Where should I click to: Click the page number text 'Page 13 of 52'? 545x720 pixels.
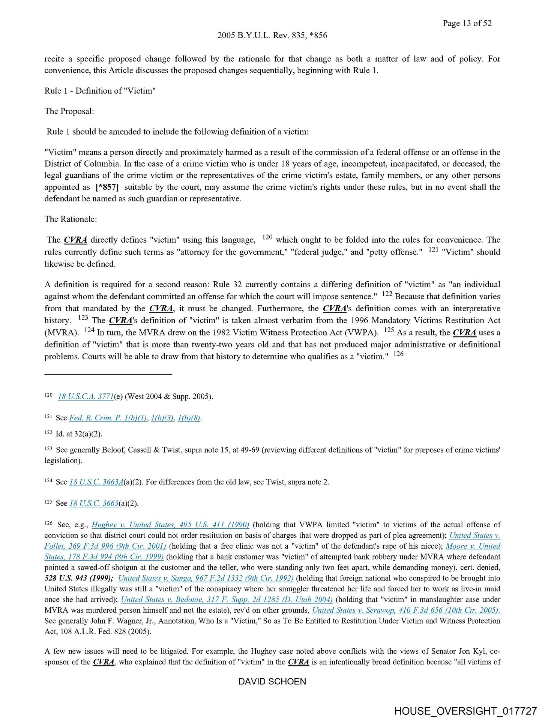(467, 23)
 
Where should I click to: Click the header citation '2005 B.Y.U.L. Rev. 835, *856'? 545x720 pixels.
(272, 35)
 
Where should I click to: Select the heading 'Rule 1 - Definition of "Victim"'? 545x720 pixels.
(100, 91)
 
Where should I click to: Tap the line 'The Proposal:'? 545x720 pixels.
(69, 111)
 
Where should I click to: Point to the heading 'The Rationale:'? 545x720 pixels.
(71, 219)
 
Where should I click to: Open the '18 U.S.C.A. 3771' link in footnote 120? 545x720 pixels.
(86, 396)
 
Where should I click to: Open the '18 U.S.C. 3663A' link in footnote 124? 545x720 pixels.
(96, 482)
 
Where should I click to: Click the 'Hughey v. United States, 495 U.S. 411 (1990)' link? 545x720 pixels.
(170, 525)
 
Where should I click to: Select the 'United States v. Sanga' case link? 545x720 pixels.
(206, 578)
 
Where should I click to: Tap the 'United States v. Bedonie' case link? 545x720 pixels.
(227, 600)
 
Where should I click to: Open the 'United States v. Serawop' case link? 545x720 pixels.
(406, 610)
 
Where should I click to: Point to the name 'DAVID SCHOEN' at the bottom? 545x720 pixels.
(272, 681)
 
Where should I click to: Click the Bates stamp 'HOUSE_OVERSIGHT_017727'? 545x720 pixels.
(465, 711)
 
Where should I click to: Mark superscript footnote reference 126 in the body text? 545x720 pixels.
(398, 354)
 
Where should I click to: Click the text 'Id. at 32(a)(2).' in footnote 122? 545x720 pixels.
(79, 434)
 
